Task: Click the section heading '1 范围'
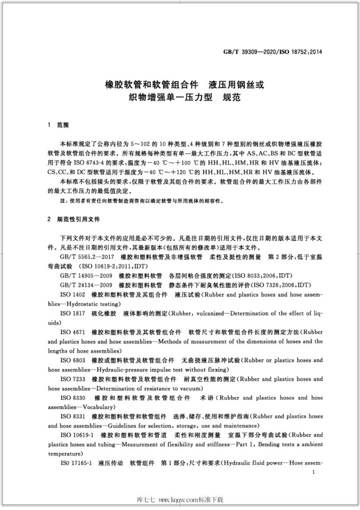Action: pyautogui.click(x=58, y=125)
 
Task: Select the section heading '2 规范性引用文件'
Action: pyautogui.click(x=74, y=220)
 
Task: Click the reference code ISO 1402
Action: pyautogui.click(x=73, y=295)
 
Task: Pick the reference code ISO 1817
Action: pyautogui.click(x=73, y=313)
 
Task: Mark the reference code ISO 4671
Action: pyautogui.click(x=73, y=332)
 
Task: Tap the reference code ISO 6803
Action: pyautogui.click(x=73, y=360)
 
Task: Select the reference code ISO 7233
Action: pyautogui.click(x=73, y=379)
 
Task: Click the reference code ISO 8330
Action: pyautogui.click(x=73, y=398)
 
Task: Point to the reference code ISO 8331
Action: pyautogui.click(x=73, y=416)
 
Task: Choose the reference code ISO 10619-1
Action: pyautogui.click(x=77, y=435)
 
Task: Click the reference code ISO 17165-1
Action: pyautogui.click(x=76, y=463)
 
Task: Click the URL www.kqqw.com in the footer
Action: pyautogui.click(x=178, y=500)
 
